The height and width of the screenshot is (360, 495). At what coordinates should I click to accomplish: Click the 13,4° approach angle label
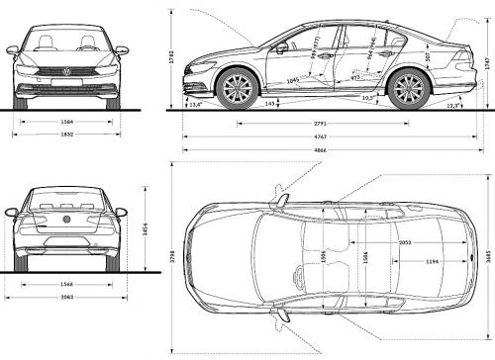point(194,103)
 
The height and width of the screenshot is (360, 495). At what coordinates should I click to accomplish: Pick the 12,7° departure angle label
point(452,105)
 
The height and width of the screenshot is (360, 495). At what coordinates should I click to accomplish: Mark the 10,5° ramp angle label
point(368,98)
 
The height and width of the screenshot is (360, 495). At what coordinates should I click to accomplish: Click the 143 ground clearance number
point(269,103)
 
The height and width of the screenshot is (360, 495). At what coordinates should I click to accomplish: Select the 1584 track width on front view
point(68,122)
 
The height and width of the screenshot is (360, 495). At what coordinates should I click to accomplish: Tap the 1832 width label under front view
point(68,135)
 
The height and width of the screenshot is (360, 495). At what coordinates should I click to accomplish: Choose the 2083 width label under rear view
point(67,298)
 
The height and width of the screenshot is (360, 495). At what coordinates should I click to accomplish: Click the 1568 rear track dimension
point(67,285)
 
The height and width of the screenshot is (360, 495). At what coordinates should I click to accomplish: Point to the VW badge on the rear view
point(67,220)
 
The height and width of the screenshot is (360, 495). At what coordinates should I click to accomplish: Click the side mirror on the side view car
point(282,46)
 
